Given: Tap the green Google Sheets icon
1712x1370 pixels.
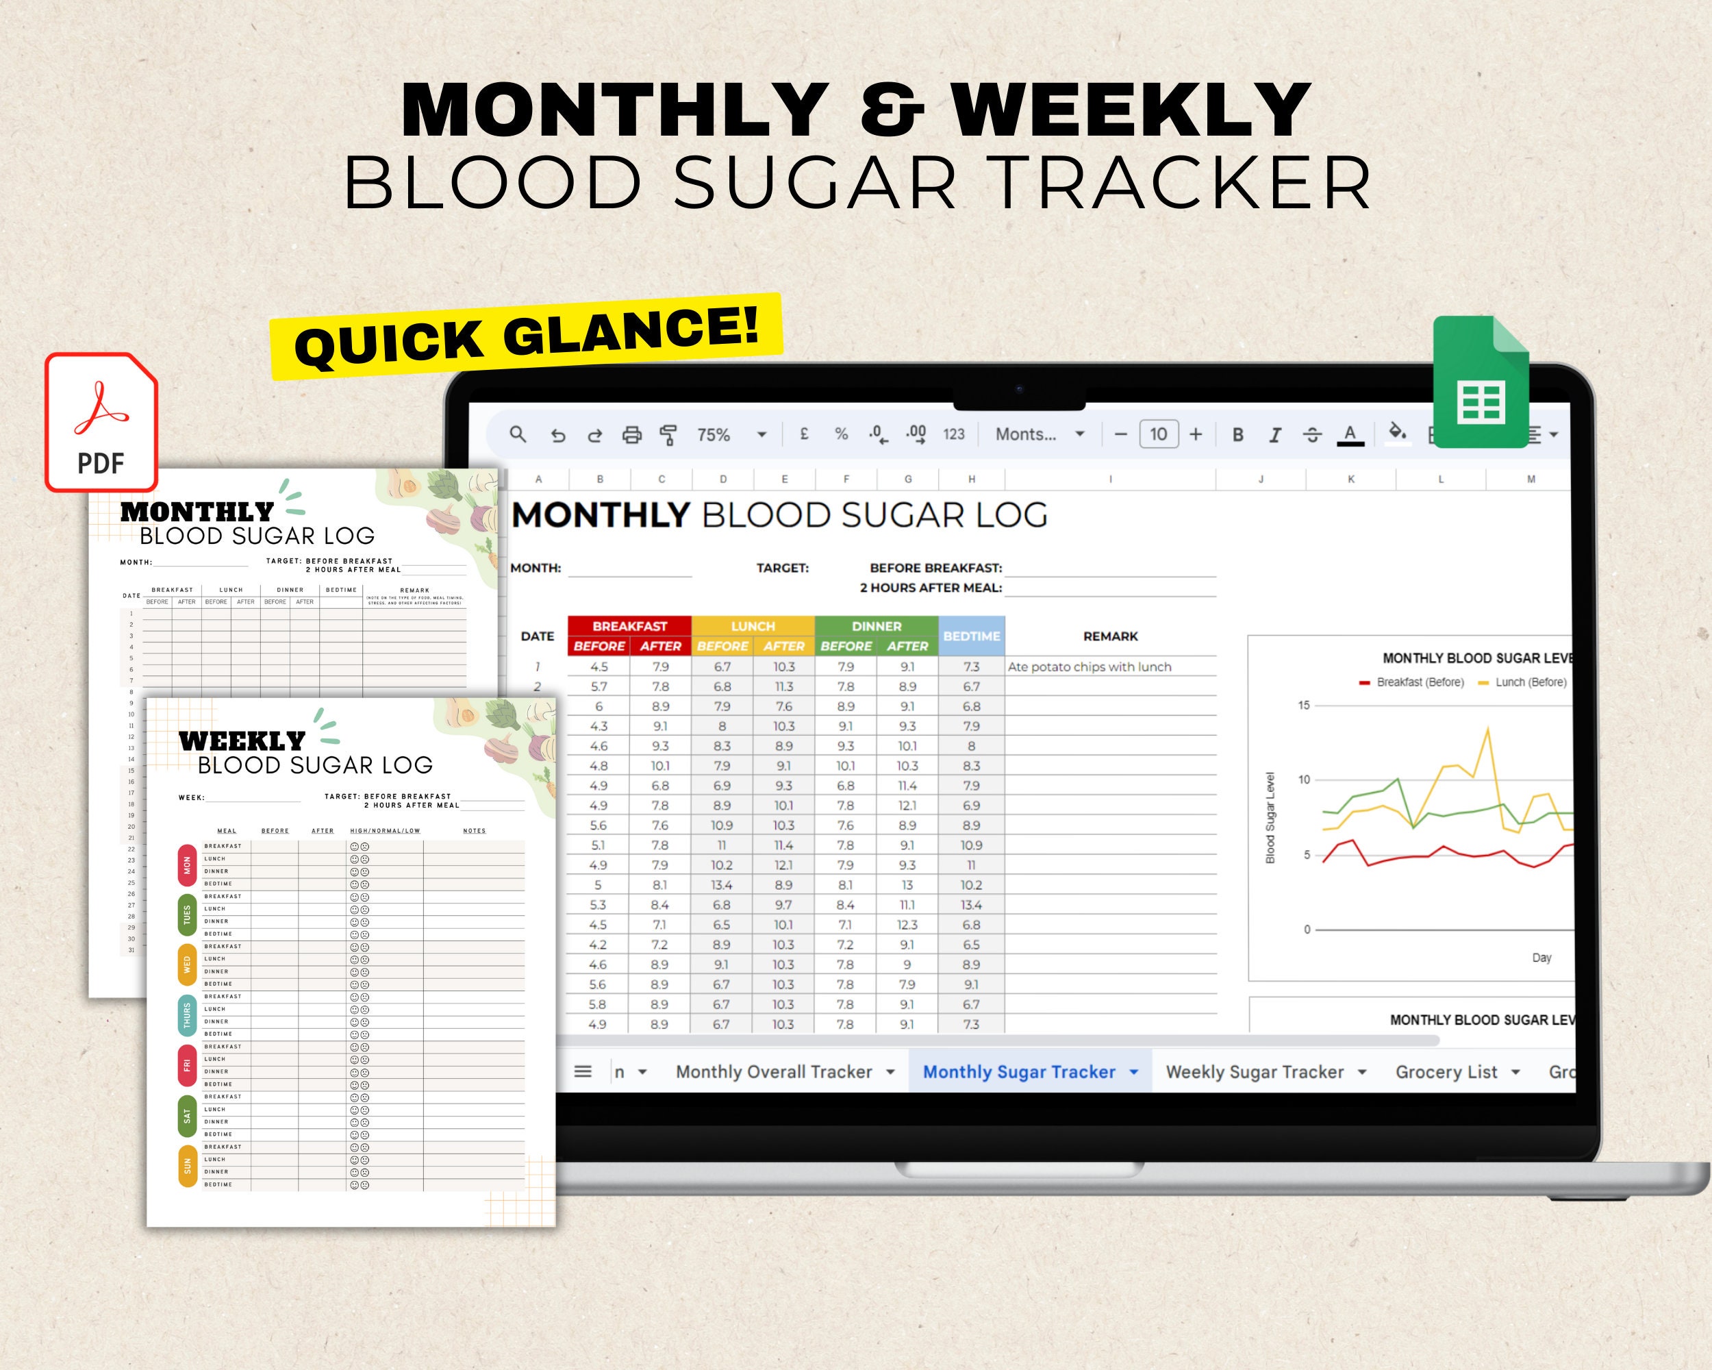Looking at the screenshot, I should tap(1480, 382).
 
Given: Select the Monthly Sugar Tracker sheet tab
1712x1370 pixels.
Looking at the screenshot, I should tap(1019, 1071).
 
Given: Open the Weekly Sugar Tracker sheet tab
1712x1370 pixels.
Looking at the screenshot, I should tap(1255, 1071).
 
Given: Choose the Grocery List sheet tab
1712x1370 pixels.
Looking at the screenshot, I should tap(1446, 1071).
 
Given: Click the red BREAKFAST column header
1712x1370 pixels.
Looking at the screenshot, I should tap(630, 626).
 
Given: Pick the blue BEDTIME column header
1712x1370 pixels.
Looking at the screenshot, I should tap(971, 636).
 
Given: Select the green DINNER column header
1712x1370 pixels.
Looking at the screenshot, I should tap(876, 626).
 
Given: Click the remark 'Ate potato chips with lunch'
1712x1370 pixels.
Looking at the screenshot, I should tap(1089, 667).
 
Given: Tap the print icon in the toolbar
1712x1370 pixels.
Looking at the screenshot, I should tap(631, 434).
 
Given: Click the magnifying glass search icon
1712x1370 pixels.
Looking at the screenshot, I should tap(518, 434).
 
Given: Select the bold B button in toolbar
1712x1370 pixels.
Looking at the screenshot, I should tap(1237, 434).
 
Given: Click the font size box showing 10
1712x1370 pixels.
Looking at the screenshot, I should tap(1158, 434).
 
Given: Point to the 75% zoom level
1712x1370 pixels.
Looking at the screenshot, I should tap(713, 434).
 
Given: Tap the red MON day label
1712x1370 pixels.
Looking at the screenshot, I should tap(188, 865).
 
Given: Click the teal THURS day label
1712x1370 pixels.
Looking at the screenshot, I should tap(188, 1015).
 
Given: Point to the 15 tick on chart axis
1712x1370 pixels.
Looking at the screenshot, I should tap(1303, 706).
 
